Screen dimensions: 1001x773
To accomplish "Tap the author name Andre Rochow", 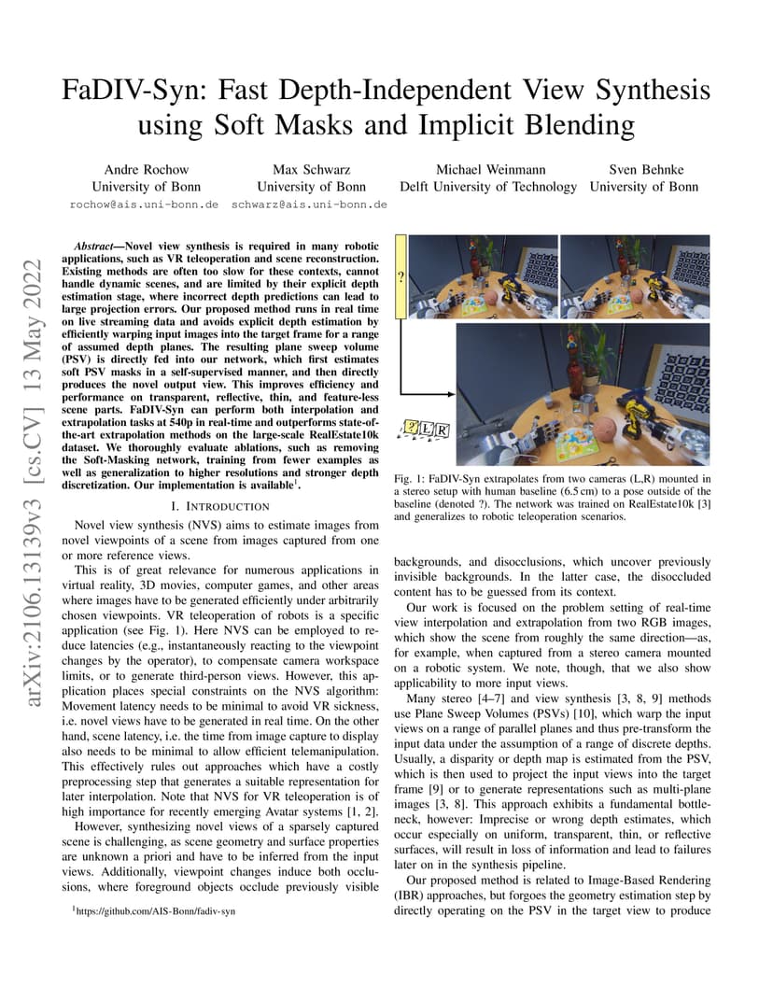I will [146, 169].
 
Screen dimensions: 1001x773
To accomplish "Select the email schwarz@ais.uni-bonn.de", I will [309, 204].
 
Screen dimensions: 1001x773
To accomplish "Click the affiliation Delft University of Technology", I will [488, 186].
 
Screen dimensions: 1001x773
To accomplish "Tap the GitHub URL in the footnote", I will [158, 910].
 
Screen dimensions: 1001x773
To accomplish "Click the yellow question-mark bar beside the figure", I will [401, 276].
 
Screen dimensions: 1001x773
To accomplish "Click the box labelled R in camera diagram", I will [443, 430].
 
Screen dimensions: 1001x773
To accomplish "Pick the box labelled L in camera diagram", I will [427, 430].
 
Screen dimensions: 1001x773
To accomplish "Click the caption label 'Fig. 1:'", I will [410, 479].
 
